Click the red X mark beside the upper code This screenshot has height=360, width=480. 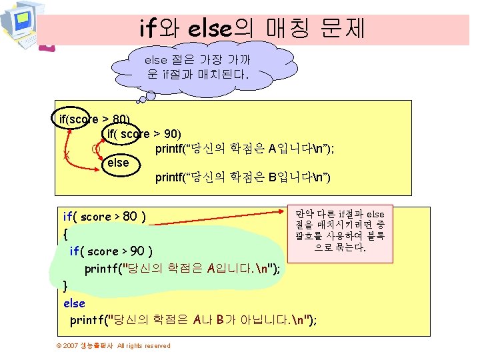click(66, 155)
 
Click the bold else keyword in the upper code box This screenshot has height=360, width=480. click(118, 162)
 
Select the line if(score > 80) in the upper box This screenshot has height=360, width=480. click(95, 119)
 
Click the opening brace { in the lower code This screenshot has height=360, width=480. click(65, 234)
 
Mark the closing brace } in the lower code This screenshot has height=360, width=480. click(65, 285)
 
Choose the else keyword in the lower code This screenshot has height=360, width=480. click(74, 303)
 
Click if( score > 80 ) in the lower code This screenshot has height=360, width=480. click(105, 216)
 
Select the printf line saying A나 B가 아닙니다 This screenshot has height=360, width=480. click(194, 320)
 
